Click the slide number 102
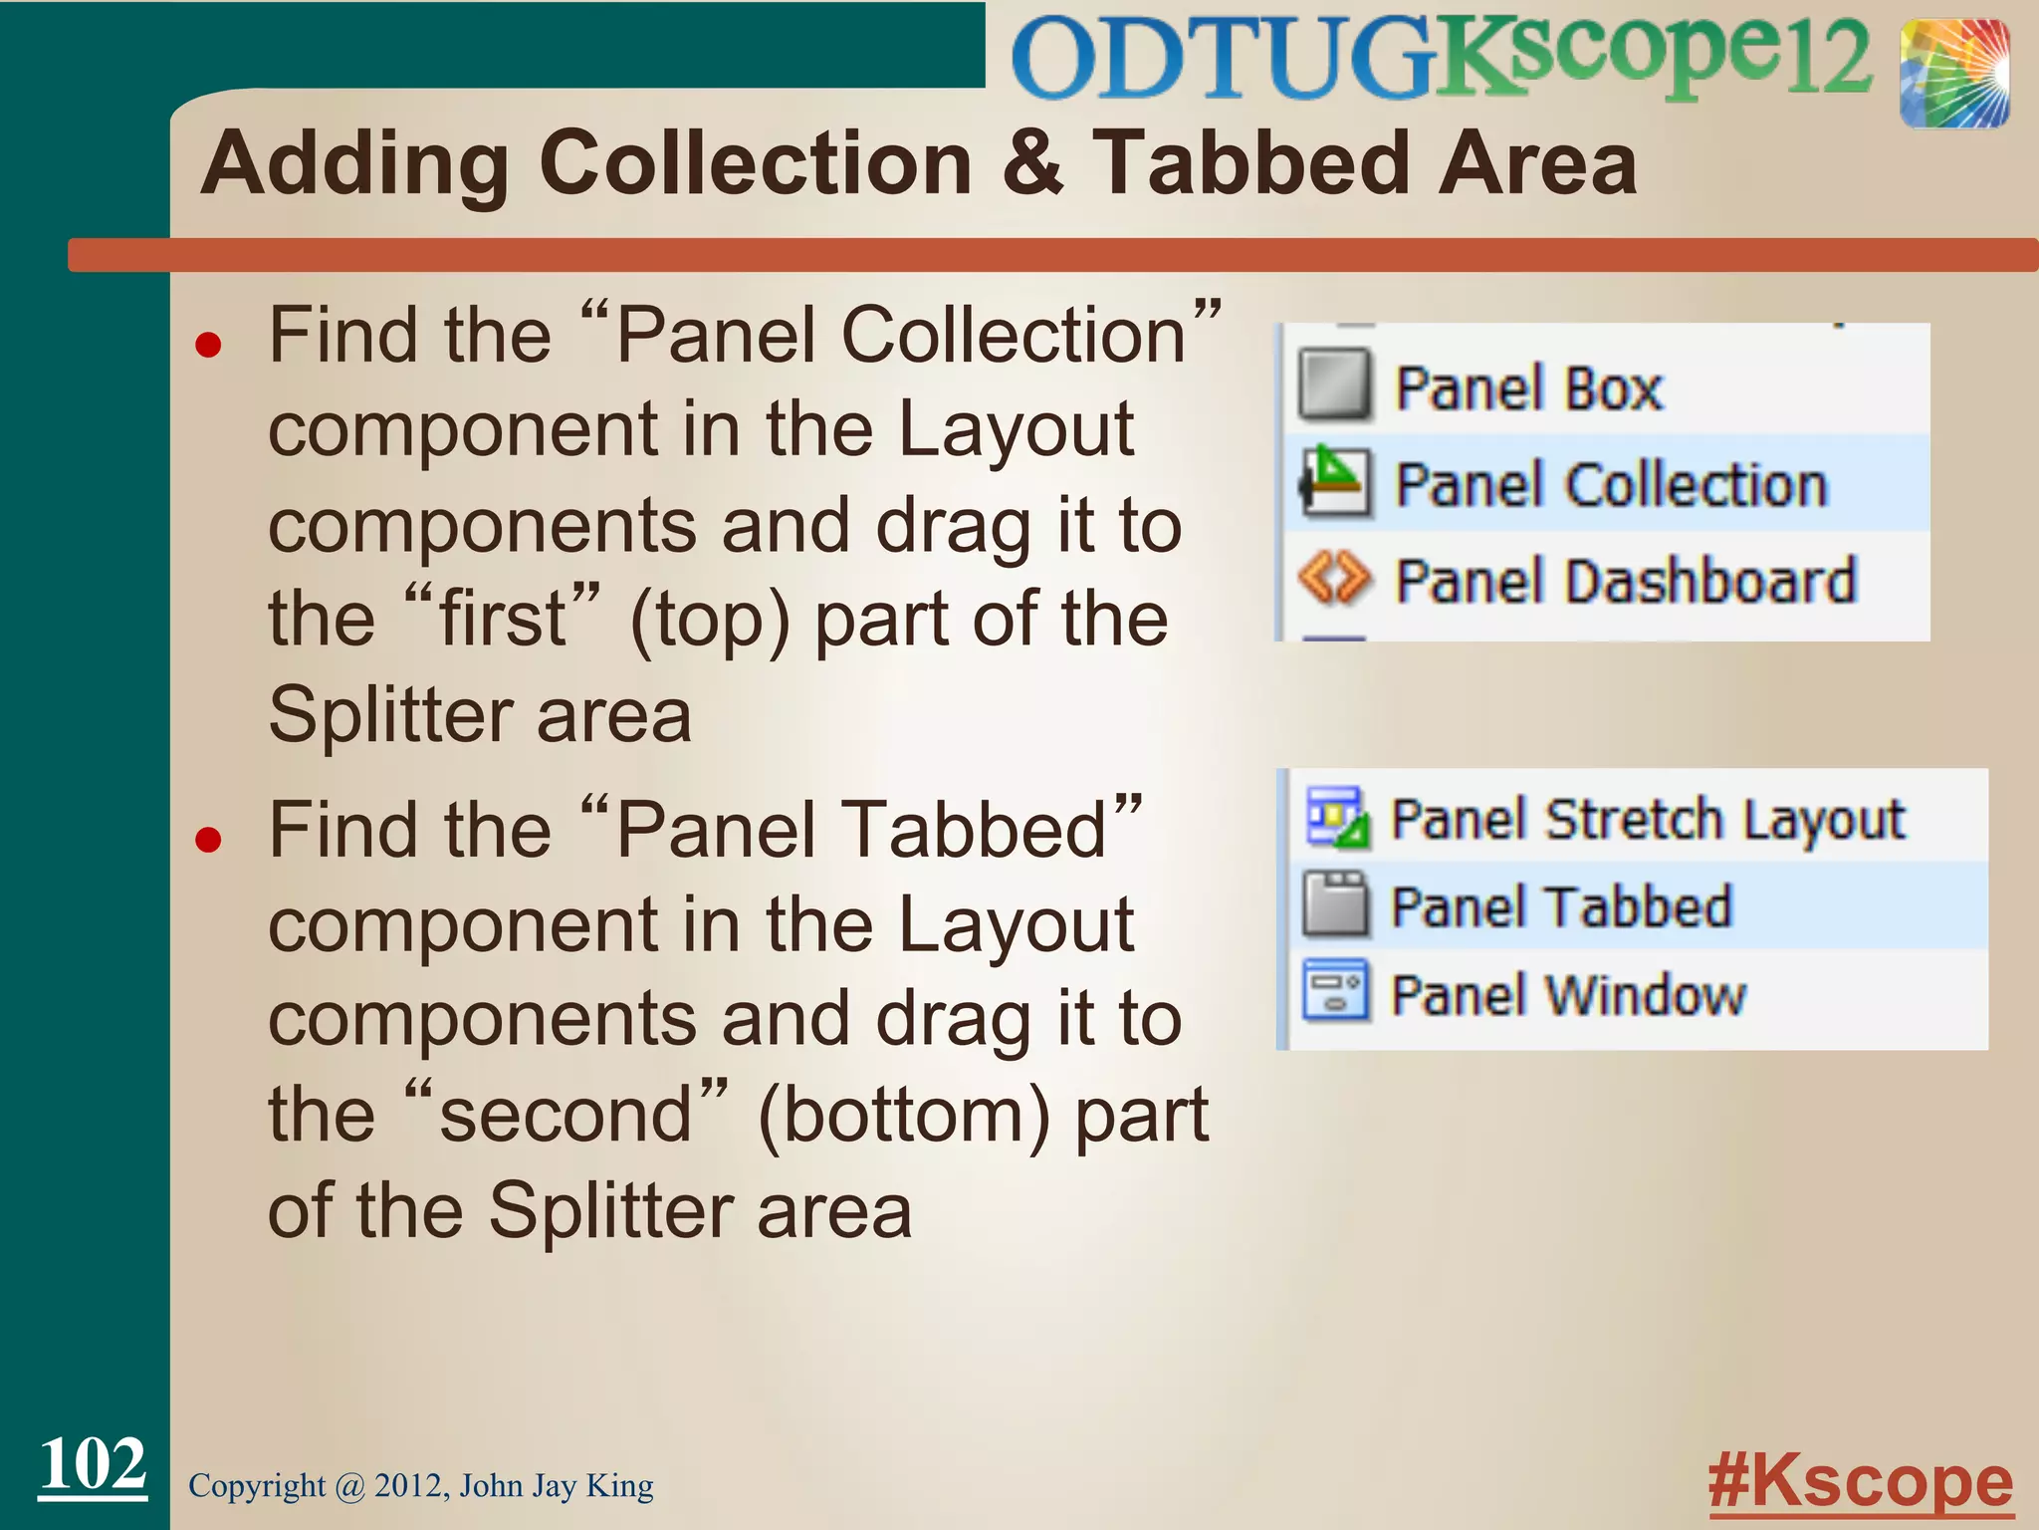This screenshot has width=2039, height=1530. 93,1464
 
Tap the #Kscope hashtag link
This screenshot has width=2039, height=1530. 1860,1482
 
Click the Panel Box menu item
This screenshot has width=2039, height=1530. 1527,387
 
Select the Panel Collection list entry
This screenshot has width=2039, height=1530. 1610,485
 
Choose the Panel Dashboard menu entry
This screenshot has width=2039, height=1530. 1625,581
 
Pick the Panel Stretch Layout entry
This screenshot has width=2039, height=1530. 1647,820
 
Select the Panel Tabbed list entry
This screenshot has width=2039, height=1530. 1561,906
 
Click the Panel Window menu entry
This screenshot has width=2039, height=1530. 1568,994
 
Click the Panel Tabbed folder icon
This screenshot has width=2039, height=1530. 1334,903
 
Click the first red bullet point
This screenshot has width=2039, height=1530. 208,346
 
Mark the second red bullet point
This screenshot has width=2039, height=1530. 208,841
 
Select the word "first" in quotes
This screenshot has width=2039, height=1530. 503,619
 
